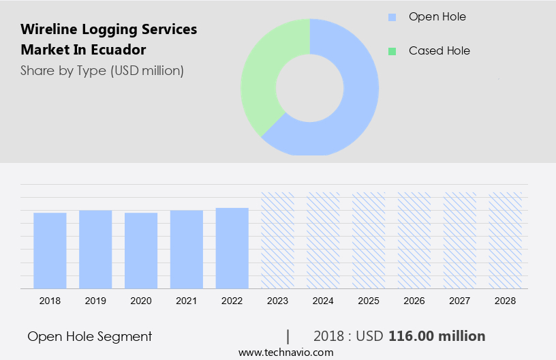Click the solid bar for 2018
click(x=50, y=250)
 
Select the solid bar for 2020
click(x=141, y=250)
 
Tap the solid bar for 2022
click(x=232, y=247)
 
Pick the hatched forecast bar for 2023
click(x=278, y=240)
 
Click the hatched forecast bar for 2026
click(x=414, y=240)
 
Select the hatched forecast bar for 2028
click(x=506, y=240)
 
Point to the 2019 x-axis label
click(x=95, y=301)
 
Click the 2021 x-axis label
click(x=187, y=301)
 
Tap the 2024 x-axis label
click(x=323, y=301)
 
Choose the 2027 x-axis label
click(x=460, y=301)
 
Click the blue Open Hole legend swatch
click(x=392, y=17)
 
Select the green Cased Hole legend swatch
click(x=392, y=51)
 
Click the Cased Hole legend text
click(x=439, y=51)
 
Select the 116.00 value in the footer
click(x=412, y=336)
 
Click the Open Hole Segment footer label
click(x=90, y=336)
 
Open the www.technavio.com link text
click(x=286, y=352)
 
